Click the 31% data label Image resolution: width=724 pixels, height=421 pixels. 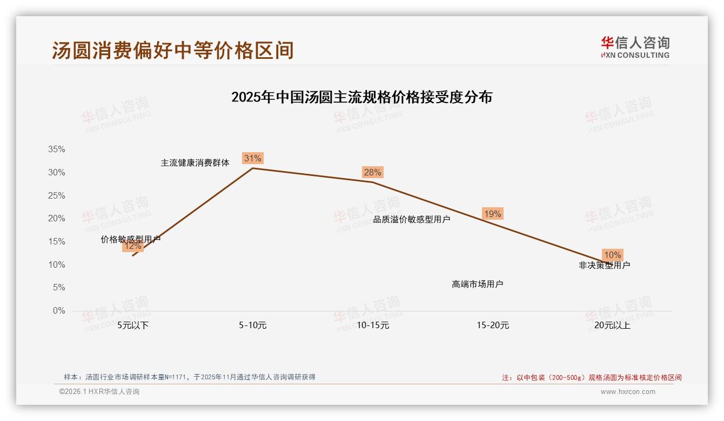tap(252, 158)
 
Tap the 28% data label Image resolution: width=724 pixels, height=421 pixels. tap(372, 172)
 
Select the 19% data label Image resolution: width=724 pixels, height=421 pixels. tap(492, 214)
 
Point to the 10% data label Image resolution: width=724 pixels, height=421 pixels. tap(612, 255)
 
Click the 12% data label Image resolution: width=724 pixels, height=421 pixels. tap(132, 246)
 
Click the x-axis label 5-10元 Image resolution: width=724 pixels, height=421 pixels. tap(253, 325)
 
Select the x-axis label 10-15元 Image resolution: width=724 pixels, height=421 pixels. tap(373, 325)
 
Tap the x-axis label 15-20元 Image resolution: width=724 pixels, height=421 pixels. tap(493, 325)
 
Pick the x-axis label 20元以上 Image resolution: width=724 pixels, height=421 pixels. tap(612, 325)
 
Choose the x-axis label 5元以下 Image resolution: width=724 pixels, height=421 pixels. tap(133, 325)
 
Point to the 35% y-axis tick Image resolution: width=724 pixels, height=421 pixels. tap(57, 150)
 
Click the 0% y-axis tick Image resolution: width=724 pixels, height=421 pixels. tap(59, 311)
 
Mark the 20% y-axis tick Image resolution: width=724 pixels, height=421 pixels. tap(57, 219)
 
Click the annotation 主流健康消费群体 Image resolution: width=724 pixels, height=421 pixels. tap(195, 162)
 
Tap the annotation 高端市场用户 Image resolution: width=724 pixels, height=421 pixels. tap(478, 284)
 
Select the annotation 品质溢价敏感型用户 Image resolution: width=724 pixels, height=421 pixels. tap(412, 219)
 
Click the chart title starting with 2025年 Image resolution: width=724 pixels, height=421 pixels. tap(361, 97)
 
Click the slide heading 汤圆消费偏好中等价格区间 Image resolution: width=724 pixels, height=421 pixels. tap(173, 50)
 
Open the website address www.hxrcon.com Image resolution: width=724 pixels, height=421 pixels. tap(628, 392)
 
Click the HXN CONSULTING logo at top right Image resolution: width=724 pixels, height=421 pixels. tap(635, 47)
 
